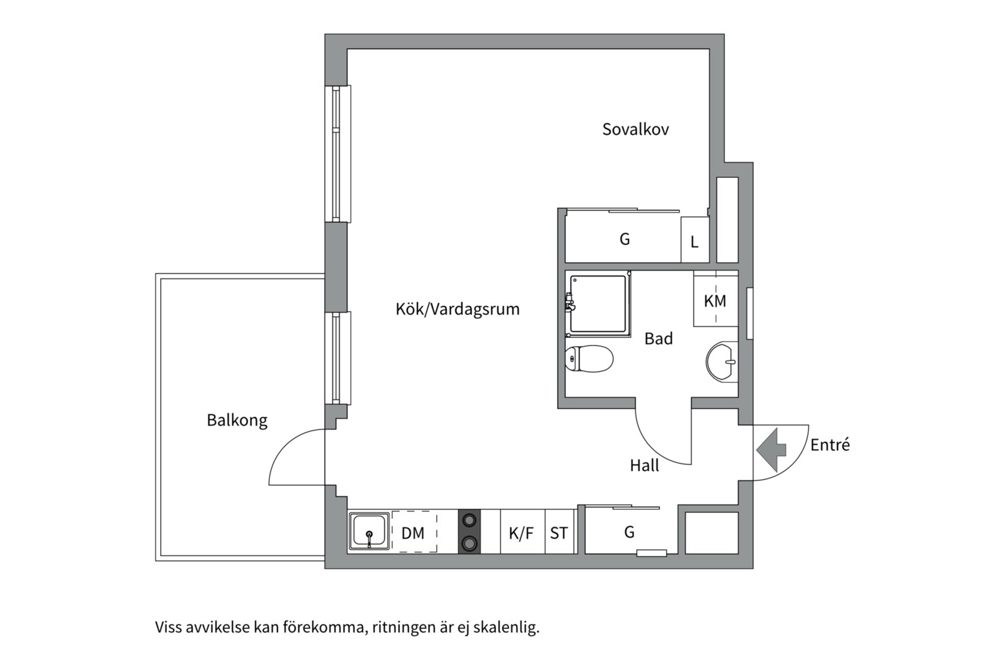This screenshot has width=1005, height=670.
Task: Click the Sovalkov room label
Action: pos(635,129)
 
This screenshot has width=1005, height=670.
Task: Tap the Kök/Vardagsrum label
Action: pos(457,309)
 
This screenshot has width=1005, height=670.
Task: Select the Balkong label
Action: pos(237,420)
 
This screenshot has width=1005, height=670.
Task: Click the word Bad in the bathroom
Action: pos(658,339)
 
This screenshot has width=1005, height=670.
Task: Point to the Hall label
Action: pos(645,465)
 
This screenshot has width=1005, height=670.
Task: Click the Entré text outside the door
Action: pos(830,445)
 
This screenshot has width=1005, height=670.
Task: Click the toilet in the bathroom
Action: pos(589,359)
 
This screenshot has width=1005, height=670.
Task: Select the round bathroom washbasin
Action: pos(721,361)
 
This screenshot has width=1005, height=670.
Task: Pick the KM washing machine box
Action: pos(715,301)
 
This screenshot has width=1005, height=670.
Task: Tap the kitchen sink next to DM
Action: pos(369,531)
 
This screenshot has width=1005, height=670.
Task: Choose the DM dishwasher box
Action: pos(413,532)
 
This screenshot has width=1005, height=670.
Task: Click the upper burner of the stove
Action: pos(470,520)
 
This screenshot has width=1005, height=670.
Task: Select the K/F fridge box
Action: pos(521,532)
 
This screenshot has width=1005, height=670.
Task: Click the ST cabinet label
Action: pos(558,532)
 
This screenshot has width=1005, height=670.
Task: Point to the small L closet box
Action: pos(694,241)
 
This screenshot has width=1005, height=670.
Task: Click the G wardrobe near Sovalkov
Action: pos(624,239)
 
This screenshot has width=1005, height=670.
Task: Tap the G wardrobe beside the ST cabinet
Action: pos(629,532)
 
